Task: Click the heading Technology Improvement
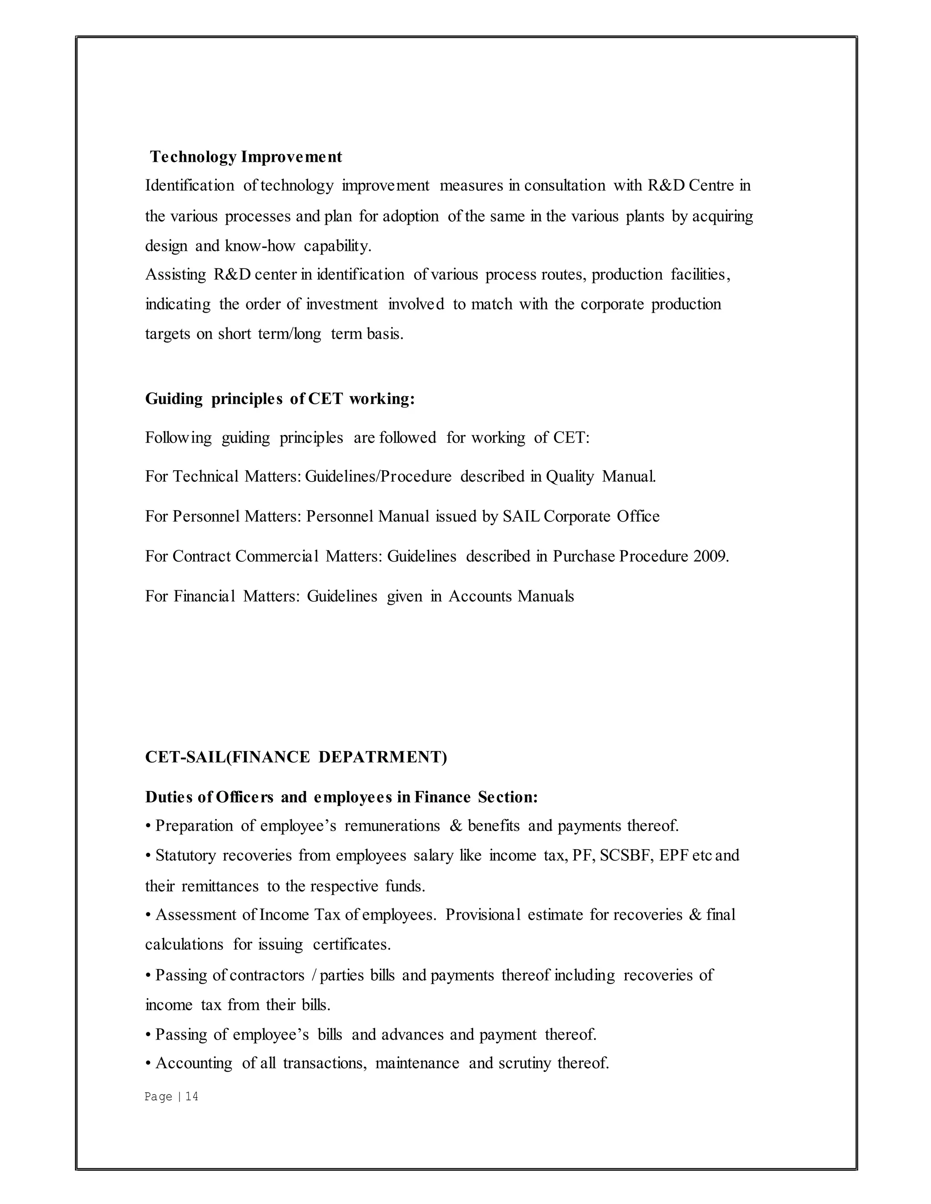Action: tap(246, 157)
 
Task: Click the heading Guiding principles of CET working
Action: tap(280, 398)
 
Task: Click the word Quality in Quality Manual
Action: tap(570, 476)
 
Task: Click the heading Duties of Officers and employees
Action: tap(341, 797)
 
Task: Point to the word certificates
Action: tap(351, 945)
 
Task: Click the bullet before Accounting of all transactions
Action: tap(148, 1063)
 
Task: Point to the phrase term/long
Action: tap(290, 334)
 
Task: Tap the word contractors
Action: tap(267, 975)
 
